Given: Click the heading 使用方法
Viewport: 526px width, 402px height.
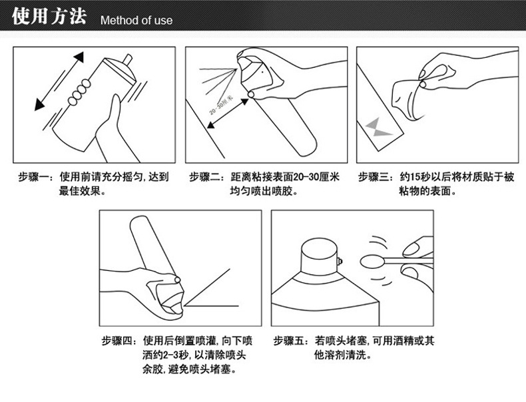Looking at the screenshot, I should [49, 17].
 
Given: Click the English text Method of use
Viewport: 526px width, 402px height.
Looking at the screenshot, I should [136, 20].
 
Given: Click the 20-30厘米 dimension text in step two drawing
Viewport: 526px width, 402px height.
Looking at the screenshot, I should [220, 106].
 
